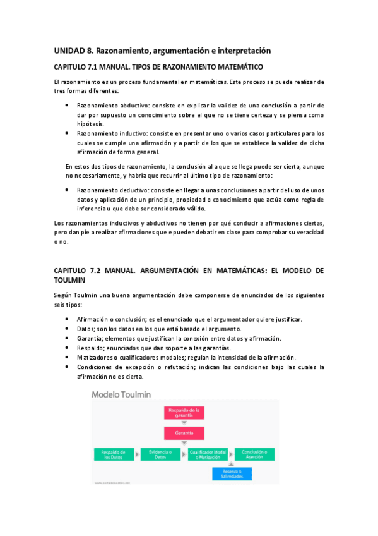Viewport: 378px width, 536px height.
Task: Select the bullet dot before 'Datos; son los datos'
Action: coord(67,329)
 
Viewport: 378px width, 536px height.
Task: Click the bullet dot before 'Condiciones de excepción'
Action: coord(67,367)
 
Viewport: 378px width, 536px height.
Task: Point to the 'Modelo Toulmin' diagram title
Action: coord(121,394)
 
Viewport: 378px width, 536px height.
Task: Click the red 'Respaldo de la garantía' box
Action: coord(183,413)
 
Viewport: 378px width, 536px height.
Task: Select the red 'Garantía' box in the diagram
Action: coord(183,434)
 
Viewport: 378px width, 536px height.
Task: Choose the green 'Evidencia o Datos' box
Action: coord(160,454)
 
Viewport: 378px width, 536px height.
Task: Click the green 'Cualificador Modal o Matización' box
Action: coord(207,454)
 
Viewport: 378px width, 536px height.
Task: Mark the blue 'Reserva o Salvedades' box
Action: coord(231,473)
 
